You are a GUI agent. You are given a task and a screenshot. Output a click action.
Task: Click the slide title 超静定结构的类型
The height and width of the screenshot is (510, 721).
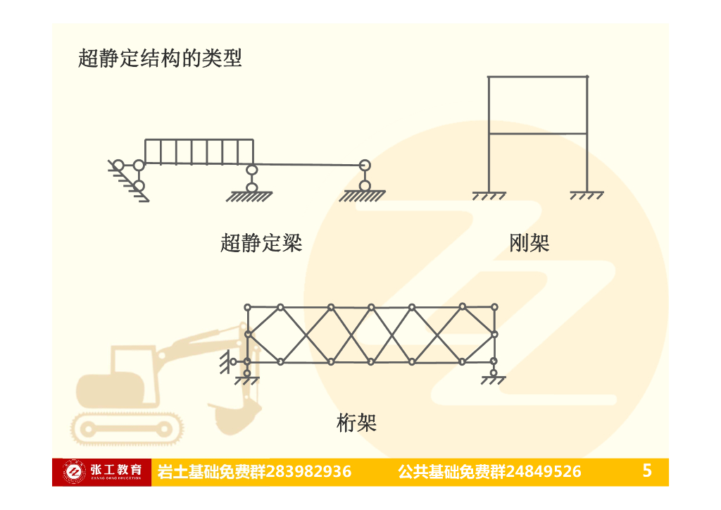[160, 58]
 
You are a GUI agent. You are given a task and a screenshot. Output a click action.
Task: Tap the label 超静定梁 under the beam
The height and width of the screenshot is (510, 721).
[261, 243]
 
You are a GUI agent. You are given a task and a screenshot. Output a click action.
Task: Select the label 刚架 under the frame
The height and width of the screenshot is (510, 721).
[529, 243]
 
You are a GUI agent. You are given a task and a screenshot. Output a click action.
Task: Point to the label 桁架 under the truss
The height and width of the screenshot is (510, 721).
[357, 423]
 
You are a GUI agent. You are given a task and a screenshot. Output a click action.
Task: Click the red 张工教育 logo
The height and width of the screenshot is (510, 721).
[101, 471]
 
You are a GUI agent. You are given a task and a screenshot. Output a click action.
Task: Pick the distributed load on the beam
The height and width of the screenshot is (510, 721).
[199, 151]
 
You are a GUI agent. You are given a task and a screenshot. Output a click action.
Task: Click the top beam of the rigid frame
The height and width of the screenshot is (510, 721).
[538, 76]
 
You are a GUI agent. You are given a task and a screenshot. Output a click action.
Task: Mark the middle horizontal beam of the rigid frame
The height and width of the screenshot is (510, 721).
[538, 133]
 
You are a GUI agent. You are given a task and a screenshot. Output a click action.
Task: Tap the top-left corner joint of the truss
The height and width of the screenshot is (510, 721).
[247, 307]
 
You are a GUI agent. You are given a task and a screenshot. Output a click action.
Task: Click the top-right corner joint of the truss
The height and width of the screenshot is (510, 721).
[494, 307]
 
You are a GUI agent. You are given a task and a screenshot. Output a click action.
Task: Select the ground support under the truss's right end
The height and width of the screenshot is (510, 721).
[494, 379]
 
